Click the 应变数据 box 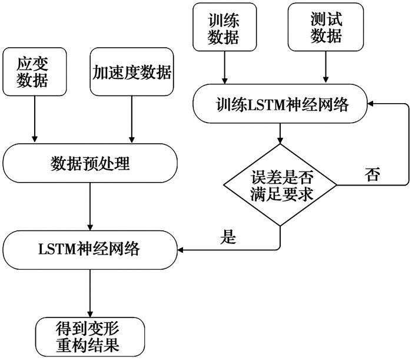click(34, 72)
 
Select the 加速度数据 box click(132, 72)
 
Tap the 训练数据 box click(224, 27)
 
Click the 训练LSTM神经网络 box click(281, 105)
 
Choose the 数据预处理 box click(90, 164)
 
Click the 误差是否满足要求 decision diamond click(280, 184)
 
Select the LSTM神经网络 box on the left click(90, 250)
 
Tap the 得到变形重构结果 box click(90, 336)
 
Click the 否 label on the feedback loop click(372, 175)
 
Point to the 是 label click(227, 237)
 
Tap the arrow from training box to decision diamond click(280, 132)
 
